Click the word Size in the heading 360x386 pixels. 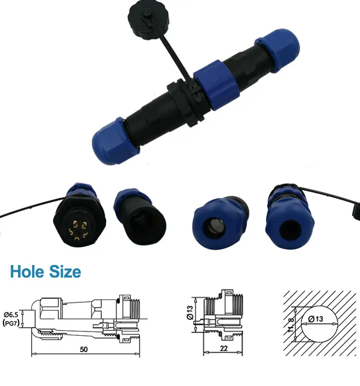(x=64, y=272)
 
